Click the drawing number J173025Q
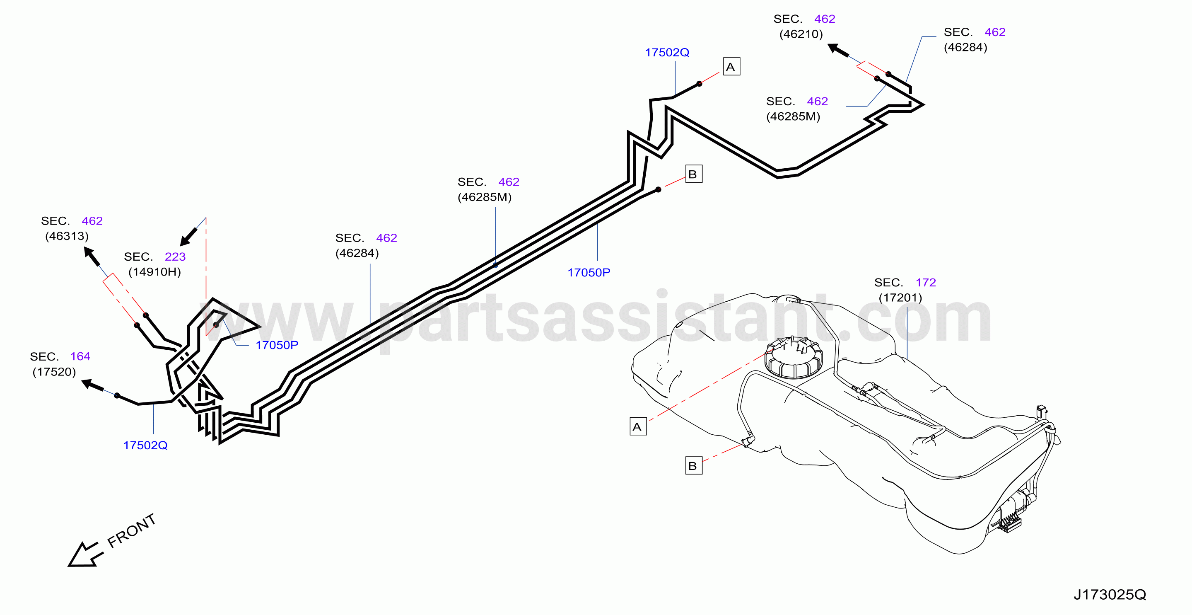[1110, 594]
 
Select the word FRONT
[131, 531]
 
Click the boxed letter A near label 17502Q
[731, 67]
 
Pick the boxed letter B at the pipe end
[694, 174]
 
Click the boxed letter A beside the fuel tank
[638, 426]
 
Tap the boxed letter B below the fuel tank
[694, 466]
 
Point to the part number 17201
[900, 298]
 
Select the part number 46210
[801, 34]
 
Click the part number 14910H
[154, 272]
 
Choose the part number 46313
[67, 236]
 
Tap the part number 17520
[54, 372]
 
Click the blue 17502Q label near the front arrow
[145, 446]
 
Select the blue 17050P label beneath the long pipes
[589, 273]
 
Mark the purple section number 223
[175, 257]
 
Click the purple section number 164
[80, 356]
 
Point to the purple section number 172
[926, 283]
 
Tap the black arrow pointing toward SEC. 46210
[838, 50]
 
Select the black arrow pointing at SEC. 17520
[92, 385]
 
